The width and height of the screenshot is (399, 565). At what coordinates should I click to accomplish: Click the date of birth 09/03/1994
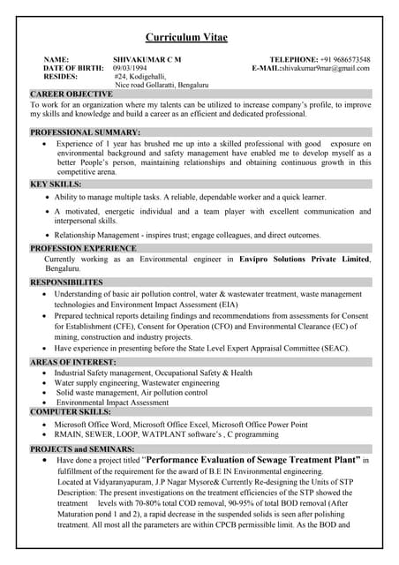pos(130,68)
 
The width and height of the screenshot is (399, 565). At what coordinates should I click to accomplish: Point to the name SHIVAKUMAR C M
pos(147,59)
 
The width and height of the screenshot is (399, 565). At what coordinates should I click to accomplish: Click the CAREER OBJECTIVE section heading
pos(72,94)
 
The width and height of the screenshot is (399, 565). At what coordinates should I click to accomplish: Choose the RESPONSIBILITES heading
pos(79,282)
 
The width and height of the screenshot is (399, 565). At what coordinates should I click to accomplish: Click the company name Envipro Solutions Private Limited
pos(304,260)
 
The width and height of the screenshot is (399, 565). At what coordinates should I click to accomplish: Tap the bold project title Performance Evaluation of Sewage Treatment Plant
pos(252,461)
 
